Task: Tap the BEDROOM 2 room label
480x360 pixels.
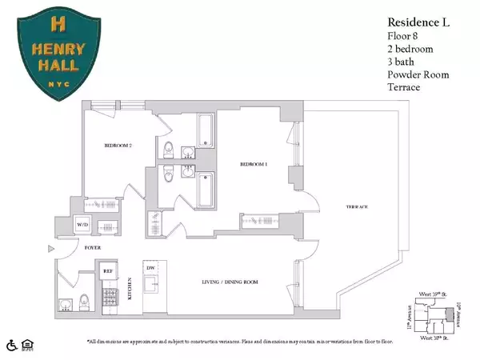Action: point(119,146)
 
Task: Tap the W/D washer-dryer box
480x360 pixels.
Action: point(82,226)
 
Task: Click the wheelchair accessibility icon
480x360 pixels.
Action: point(12,345)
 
